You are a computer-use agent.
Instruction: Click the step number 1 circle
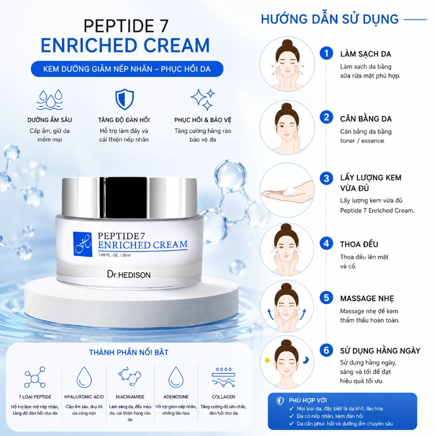tap(326, 53)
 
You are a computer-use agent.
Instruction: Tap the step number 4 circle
tap(326, 243)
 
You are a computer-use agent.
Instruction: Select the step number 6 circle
tap(326, 350)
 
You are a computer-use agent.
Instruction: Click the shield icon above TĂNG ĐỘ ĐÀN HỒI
tap(124, 99)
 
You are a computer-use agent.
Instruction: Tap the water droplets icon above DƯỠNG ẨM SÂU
tap(50, 100)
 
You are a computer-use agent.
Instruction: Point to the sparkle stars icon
tap(203, 100)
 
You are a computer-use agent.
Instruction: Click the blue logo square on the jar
tap(82, 244)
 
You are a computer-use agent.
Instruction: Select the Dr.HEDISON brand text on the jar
tap(129, 275)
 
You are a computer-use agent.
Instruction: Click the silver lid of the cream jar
tap(129, 197)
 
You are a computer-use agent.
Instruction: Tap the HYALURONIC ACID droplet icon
tap(84, 377)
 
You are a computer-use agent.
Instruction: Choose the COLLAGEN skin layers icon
tap(223, 377)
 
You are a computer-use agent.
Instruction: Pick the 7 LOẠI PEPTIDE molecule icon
tap(35, 377)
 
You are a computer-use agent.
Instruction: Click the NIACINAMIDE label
tap(130, 397)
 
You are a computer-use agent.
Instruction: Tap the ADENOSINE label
tap(175, 397)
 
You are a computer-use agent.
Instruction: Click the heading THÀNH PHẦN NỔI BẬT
tap(129, 352)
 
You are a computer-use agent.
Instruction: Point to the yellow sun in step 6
tap(267, 361)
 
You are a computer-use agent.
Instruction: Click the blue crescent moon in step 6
tap(306, 360)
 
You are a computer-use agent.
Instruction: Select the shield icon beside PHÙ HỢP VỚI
tap(280, 401)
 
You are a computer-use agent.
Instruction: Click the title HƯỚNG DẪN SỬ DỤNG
tap(330, 19)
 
